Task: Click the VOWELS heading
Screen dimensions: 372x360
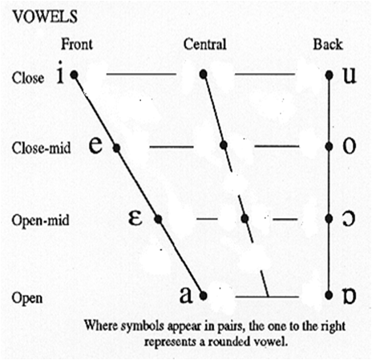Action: point(46,16)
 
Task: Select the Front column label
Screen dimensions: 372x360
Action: point(77,44)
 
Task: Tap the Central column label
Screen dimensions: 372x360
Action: point(205,44)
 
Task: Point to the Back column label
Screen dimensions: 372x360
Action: point(328,44)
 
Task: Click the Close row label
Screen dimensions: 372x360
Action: point(28,78)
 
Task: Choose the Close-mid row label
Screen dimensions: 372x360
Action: point(42,148)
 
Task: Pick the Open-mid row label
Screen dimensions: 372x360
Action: point(41,220)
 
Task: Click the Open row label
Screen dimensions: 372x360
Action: point(27,298)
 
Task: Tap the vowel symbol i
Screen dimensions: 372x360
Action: point(61,73)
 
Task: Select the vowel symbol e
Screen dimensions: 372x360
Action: point(95,145)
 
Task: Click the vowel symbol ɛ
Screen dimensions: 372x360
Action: point(135,218)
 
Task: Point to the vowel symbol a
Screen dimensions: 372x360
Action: point(186,295)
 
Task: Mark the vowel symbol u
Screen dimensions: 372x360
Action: point(350,75)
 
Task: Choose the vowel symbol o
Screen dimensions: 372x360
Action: point(350,146)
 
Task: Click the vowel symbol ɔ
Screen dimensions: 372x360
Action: point(349,219)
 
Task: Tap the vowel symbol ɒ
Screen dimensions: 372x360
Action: point(350,296)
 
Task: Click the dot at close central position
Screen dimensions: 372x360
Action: point(204,74)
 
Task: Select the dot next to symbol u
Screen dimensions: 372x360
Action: point(330,75)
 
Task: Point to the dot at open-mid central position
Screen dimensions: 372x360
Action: point(245,219)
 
